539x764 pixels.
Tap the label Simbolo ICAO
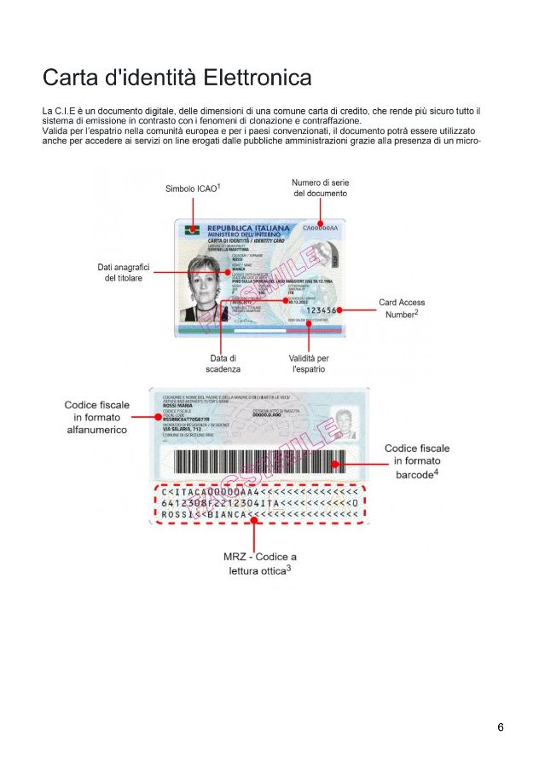194,188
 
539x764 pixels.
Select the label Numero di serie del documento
320,188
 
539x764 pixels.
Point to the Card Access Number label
402,308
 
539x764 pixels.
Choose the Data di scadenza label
223,364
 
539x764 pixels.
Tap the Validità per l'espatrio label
308,364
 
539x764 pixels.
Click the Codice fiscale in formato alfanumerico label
96,417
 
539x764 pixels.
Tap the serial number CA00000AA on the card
321,229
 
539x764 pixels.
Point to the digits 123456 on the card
322,310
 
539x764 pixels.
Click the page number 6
501,727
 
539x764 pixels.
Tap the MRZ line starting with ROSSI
259,515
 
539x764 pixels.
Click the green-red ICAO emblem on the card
193,230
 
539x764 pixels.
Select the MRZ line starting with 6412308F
259,503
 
